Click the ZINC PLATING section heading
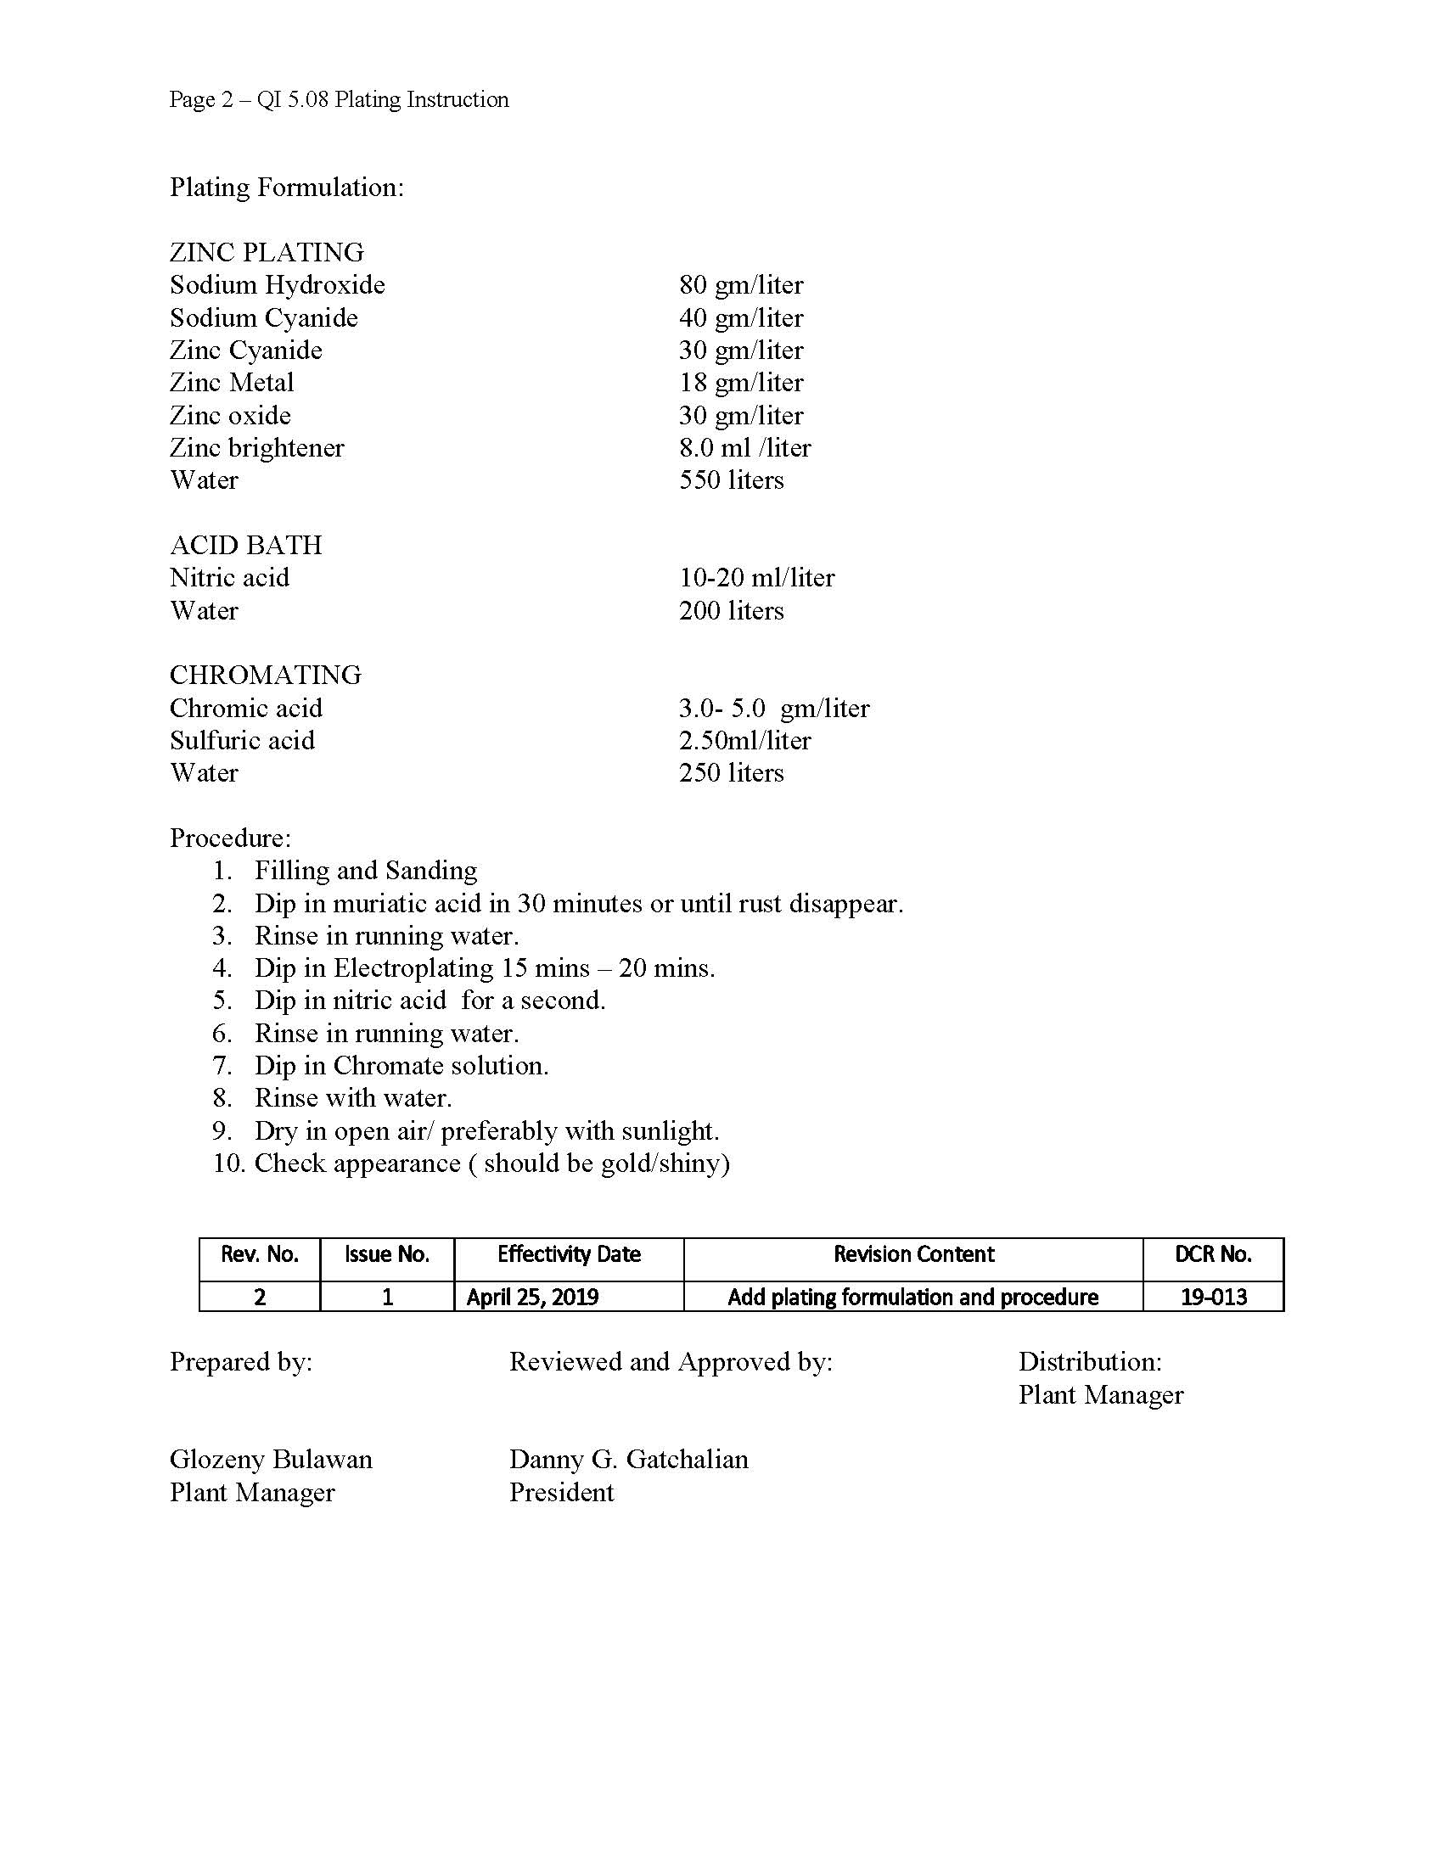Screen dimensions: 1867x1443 pos(267,252)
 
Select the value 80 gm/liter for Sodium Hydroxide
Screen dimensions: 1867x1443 pos(741,284)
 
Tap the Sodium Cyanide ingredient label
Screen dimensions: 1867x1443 pos(263,318)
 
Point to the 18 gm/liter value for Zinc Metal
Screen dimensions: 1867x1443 pos(741,383)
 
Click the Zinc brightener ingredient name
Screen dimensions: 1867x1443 pos(256,448)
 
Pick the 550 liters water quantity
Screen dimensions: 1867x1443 pos(731,480)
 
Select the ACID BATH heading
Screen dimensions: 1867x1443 pos(245,546)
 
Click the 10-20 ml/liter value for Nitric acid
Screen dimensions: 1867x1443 pos(756,578)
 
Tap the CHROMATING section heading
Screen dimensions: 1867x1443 pos(265,676)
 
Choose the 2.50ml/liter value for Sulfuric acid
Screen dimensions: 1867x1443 pos(744,740)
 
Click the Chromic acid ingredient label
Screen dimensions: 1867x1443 pos(245,709)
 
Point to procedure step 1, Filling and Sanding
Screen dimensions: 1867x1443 pos(365,871)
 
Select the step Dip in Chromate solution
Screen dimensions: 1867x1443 pos(401,1066)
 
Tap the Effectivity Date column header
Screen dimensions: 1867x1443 pos(569,1254)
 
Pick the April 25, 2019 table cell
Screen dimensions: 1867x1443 pos(531,1297)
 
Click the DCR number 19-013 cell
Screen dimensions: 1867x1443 pos(1213,1297)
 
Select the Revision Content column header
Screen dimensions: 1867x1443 pos(913,1254)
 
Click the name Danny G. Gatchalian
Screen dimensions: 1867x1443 pos(628,1460)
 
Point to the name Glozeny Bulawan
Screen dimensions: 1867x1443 pos(270,1460)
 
